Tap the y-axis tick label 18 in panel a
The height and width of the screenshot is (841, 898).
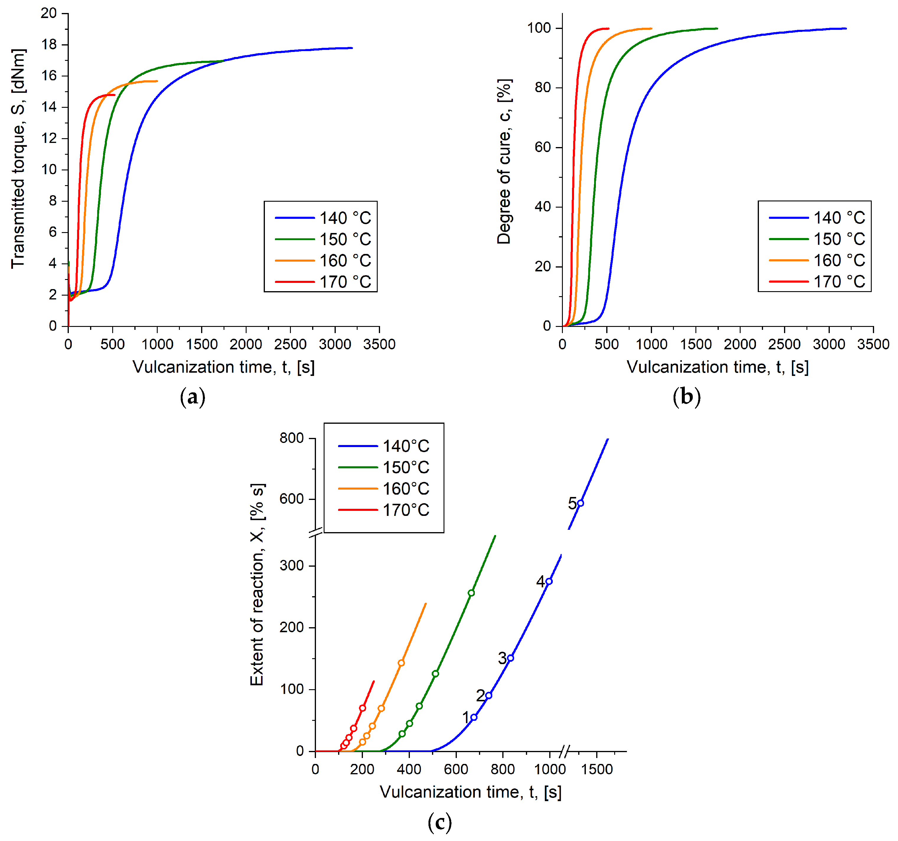tap(49, 45)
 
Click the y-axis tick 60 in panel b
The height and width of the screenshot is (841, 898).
tap(542, 147)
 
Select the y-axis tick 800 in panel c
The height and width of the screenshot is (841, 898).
tap(291, 438)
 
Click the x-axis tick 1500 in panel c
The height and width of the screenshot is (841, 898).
tap(597, 769)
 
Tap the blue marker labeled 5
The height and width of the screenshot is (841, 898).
tap(581, 503)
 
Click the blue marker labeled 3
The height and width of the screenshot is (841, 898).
tap(511, 658)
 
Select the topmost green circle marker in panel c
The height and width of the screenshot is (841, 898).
tap(471, 593)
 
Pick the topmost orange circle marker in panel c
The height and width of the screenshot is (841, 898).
tap(401, 663)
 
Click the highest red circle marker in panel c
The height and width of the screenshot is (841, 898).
tap(363, 708)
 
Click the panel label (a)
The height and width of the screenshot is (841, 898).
tap(193, 397)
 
